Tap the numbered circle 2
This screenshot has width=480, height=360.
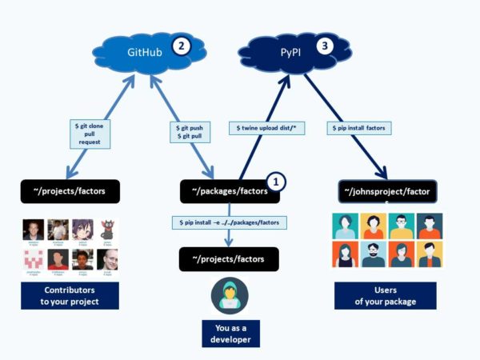pyautogui.click(x=182, y=46)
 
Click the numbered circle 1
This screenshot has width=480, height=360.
pyautogui.click(x=274, y=182)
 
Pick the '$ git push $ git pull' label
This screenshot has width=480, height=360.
pyautogui.click(x=190, y=133)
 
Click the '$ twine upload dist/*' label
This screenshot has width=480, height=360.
pyautogui.click(x=266, y=128)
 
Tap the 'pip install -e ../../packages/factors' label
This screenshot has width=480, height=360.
pyautogui.click(x=229, y=222)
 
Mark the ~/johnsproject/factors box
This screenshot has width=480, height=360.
pyautogui.click(x=387, y=193)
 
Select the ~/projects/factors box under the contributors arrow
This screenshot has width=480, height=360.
pyautogui.click(x=70, y=191)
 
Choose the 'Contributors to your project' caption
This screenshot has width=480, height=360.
pyautogui.click(x=70, y=296)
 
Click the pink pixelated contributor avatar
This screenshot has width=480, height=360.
pyautogui.click(x=33, y=258)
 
